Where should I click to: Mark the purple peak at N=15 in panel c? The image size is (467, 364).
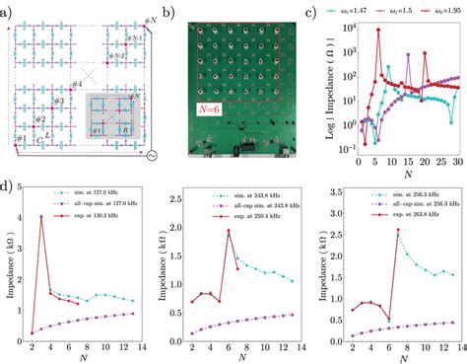407,83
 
